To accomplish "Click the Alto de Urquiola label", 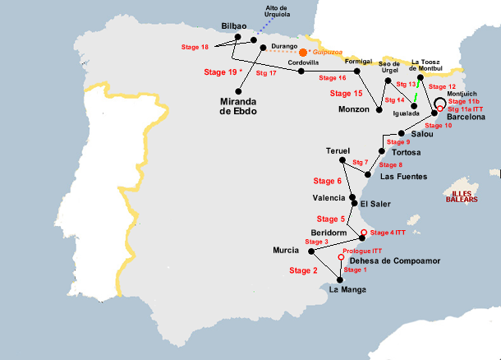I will tap(278, 12).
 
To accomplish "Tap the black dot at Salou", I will tap(401, 133).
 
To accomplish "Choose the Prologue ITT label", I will tap(361, 251).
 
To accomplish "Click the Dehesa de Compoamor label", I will tap(389, 261).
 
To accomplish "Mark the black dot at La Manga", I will tap(340, 279).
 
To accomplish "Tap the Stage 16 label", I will tap(330, 78).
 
